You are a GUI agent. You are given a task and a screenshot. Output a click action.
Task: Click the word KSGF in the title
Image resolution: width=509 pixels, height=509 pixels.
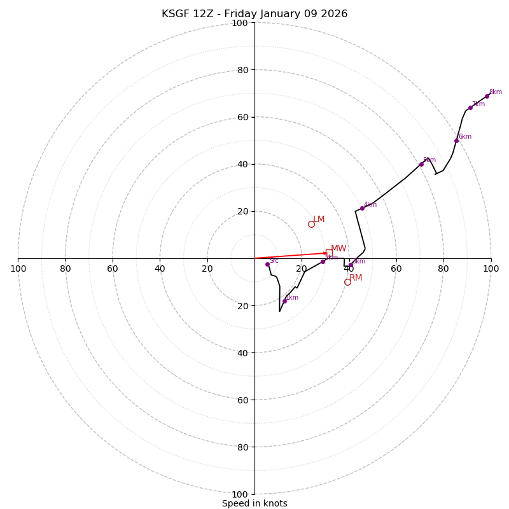pos(175,14)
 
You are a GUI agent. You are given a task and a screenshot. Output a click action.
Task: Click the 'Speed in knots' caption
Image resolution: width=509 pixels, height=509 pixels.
pos(254,503)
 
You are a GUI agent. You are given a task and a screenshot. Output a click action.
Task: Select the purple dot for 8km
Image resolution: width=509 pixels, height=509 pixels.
pos(487,97)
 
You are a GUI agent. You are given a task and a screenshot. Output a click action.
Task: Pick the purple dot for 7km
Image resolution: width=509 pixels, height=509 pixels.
pos(470,108)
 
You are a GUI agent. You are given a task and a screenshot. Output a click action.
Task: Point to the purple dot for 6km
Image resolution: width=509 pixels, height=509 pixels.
pos(456,141)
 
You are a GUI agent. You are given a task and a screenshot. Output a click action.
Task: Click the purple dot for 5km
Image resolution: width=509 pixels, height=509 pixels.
pos(421,164)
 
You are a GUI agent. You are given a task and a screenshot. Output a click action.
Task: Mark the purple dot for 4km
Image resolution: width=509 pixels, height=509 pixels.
pos(362,208)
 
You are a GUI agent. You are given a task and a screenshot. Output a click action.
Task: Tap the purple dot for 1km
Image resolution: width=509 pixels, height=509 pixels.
pos(284,301)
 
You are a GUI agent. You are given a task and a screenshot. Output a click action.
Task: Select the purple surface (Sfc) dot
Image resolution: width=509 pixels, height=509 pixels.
pos(267,264)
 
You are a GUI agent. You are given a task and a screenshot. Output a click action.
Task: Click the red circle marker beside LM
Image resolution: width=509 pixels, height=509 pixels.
pos(311,224)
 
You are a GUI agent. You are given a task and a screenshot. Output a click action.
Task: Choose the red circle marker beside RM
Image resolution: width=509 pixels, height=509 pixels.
pos(347,282)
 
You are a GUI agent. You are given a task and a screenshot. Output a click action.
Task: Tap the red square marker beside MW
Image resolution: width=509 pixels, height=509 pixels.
pos(329,253)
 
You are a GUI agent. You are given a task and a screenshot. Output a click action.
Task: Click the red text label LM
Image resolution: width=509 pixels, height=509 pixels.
pos(319,220)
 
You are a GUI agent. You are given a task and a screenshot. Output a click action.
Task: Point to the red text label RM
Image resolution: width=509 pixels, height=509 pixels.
pos(356,278)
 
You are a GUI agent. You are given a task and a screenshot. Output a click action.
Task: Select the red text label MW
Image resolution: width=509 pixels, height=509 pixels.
pos(338,249)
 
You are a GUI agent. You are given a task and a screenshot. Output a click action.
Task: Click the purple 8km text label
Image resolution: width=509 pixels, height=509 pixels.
pos(495,92)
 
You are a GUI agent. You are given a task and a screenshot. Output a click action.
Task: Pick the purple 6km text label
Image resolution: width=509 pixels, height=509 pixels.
pos(465,137)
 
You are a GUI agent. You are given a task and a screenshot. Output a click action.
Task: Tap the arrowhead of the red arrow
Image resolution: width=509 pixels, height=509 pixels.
pos(325,253)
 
